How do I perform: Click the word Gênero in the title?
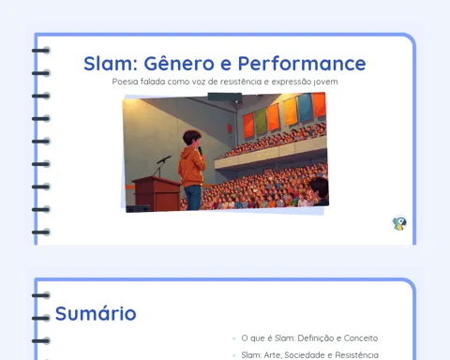179,63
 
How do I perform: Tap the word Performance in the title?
302,64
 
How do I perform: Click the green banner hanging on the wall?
261,122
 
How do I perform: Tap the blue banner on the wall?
304,108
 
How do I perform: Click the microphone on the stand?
164,159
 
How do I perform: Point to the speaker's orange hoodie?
191,167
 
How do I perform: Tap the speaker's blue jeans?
193,198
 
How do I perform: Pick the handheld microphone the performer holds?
200,150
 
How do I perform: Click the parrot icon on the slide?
399,223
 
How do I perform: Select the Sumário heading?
96,313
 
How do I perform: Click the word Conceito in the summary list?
361,338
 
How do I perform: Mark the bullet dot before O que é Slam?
233,338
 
